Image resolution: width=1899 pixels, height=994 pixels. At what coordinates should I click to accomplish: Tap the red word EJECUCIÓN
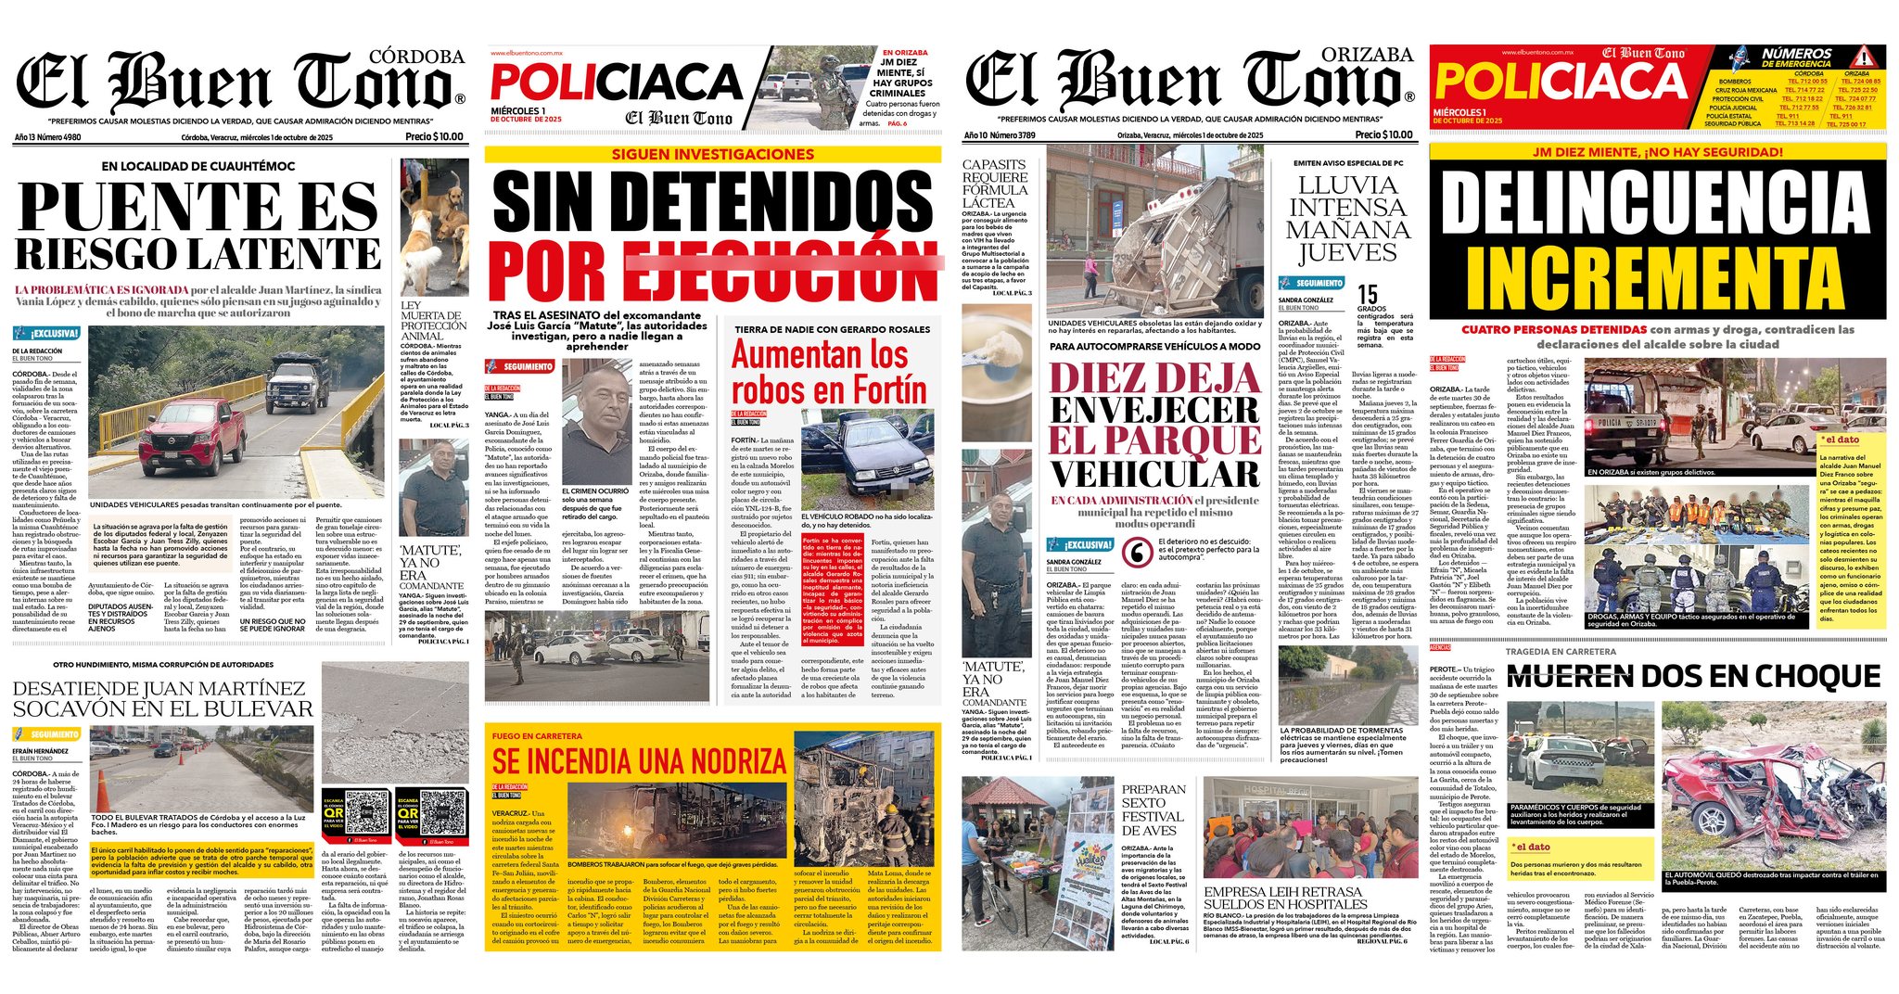click(x=784, y=270)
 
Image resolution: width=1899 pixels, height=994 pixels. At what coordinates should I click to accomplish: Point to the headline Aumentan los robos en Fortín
click(x=828, y=372)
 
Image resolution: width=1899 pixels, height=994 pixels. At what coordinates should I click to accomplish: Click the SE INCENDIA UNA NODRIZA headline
click(x=639, y=761)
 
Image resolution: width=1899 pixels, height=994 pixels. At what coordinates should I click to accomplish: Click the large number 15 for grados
click(x=1367, y=295)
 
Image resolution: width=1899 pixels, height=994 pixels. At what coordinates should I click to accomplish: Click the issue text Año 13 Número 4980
click(x=47, y=137)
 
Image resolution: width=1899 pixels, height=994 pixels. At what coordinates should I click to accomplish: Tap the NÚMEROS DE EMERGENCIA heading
click(x=1796, y=57)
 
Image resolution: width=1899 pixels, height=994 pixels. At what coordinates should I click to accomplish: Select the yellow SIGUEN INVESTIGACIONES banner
click(x=712, y=154)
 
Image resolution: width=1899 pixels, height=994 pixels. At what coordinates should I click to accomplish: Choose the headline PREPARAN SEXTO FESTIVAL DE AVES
click(x=1153, y=809)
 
